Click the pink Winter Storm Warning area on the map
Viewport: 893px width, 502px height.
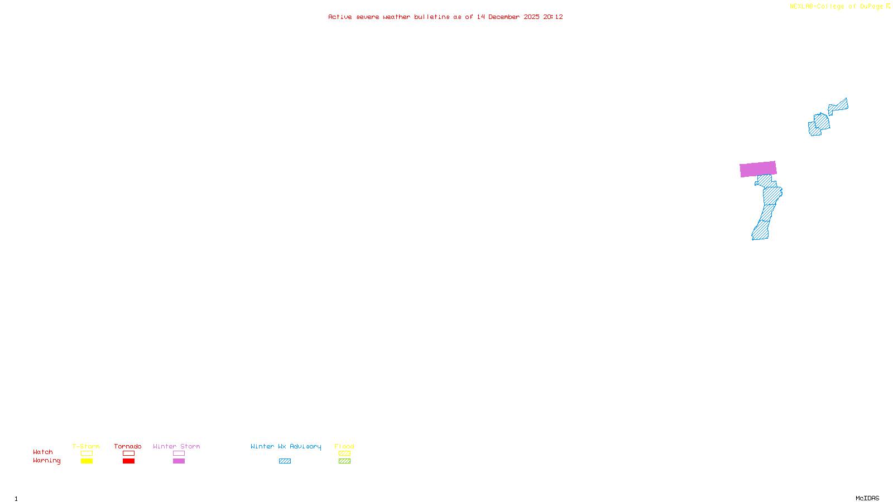[x=758, y=169]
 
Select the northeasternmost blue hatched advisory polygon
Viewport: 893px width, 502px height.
[x=838, y=106]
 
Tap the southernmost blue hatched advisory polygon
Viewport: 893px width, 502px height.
[x=760, y=230]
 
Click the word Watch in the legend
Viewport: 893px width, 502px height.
[x=43, y=452]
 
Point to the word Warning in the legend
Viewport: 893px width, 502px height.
[x=46, y=461]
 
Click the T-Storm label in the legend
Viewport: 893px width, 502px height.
[x=86, y=446]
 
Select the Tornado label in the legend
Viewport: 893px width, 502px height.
[x=128, y=446]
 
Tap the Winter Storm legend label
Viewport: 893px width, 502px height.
[x=176, y=446]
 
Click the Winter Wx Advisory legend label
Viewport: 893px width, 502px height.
[x=286, y=446]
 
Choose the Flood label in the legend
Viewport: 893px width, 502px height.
[x=344, y=446]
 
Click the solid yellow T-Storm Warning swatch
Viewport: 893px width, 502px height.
[x=87, y=461]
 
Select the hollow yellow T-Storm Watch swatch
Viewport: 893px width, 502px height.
[x=87, y=453]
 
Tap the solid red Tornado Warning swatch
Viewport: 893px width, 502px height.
[x=128, y=461]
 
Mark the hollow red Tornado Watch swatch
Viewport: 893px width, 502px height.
[x=128, y=453]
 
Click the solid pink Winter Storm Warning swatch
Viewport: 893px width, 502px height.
[x=179, y=461]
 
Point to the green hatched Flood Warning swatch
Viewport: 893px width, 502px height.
[x=344, y=461]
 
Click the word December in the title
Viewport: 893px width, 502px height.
[x=504, y=17]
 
